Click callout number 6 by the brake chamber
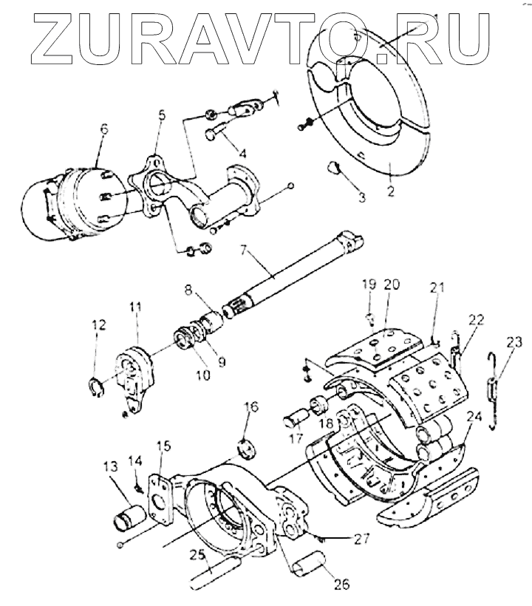103,129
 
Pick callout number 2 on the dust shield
389,195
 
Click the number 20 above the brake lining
392,285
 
